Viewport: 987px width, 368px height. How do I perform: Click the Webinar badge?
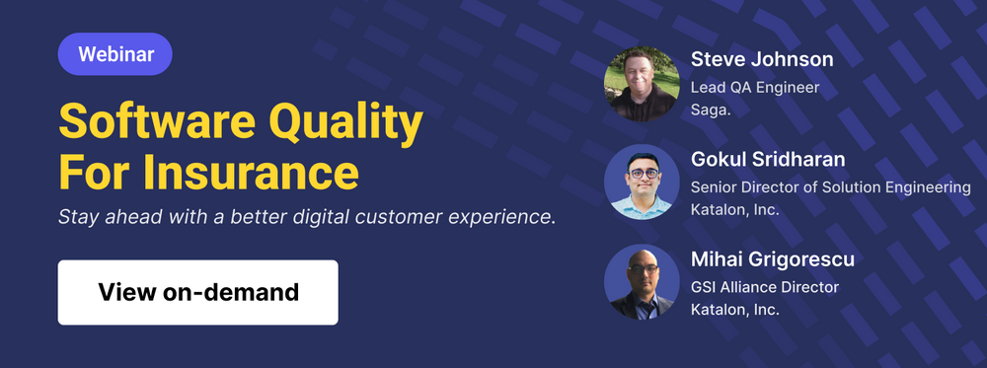click(x=115, y=54)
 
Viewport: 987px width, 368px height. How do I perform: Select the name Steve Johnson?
click(x=762, y=59)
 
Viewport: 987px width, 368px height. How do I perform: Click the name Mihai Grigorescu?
click(x=773, y=260)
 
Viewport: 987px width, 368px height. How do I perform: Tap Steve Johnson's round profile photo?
click(x=642, y=84)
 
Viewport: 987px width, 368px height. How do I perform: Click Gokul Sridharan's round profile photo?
click(x=642, y=183)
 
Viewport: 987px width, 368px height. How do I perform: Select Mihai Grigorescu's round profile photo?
click(x=642, y=282)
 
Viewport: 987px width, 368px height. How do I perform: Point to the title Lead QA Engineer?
click(x=755, y=88)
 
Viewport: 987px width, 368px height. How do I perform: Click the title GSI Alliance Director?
click(x=765, y=287)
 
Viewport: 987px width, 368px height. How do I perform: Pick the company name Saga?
click(x=711, y=110)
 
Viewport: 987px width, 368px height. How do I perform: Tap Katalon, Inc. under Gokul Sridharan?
click(x=735, y=209)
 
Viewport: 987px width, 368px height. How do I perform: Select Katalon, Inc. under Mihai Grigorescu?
click(x=735, y=309)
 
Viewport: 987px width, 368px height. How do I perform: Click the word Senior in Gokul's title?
click(x=714, y=187)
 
